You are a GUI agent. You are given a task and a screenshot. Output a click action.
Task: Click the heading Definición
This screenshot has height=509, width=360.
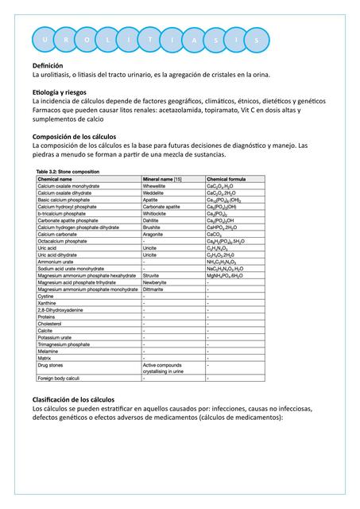point(47,65)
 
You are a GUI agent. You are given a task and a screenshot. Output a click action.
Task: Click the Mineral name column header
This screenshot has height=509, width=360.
point(161,179)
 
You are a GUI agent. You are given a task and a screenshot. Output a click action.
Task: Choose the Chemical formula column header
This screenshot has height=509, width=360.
point(226,179)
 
